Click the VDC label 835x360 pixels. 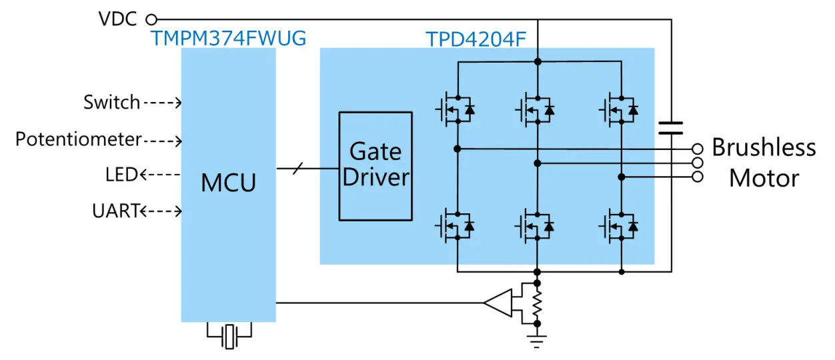point(118,19)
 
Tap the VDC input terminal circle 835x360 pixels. point(151,19)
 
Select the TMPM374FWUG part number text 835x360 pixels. point(229,38)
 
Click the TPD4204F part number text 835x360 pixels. point(476,39)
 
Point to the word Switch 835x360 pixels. point(111,103)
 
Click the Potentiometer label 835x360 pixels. point(79,139)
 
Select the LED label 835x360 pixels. point(121,175)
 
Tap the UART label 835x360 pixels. point(115,211)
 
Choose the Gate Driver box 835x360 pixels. point(375,165)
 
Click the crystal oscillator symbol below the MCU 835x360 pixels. point(229,336)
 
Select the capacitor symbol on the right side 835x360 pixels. point(670,128)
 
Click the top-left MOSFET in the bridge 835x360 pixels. point(456,109)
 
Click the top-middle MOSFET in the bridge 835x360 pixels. point(536,109)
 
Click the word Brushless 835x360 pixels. point(764,147)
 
